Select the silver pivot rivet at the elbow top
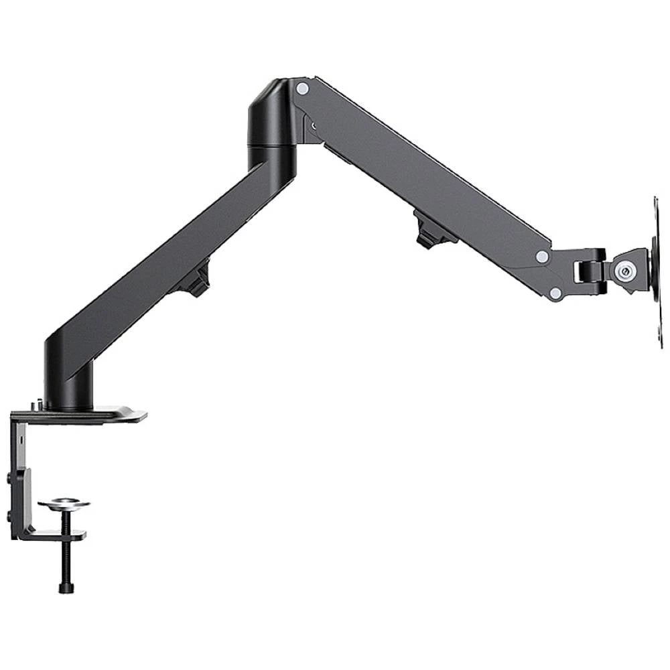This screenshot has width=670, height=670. [302, 88]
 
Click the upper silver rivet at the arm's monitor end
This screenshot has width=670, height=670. [541, 257]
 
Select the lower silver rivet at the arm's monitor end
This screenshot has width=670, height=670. [555, 293]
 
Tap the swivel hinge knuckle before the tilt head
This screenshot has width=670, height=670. [590, 271]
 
